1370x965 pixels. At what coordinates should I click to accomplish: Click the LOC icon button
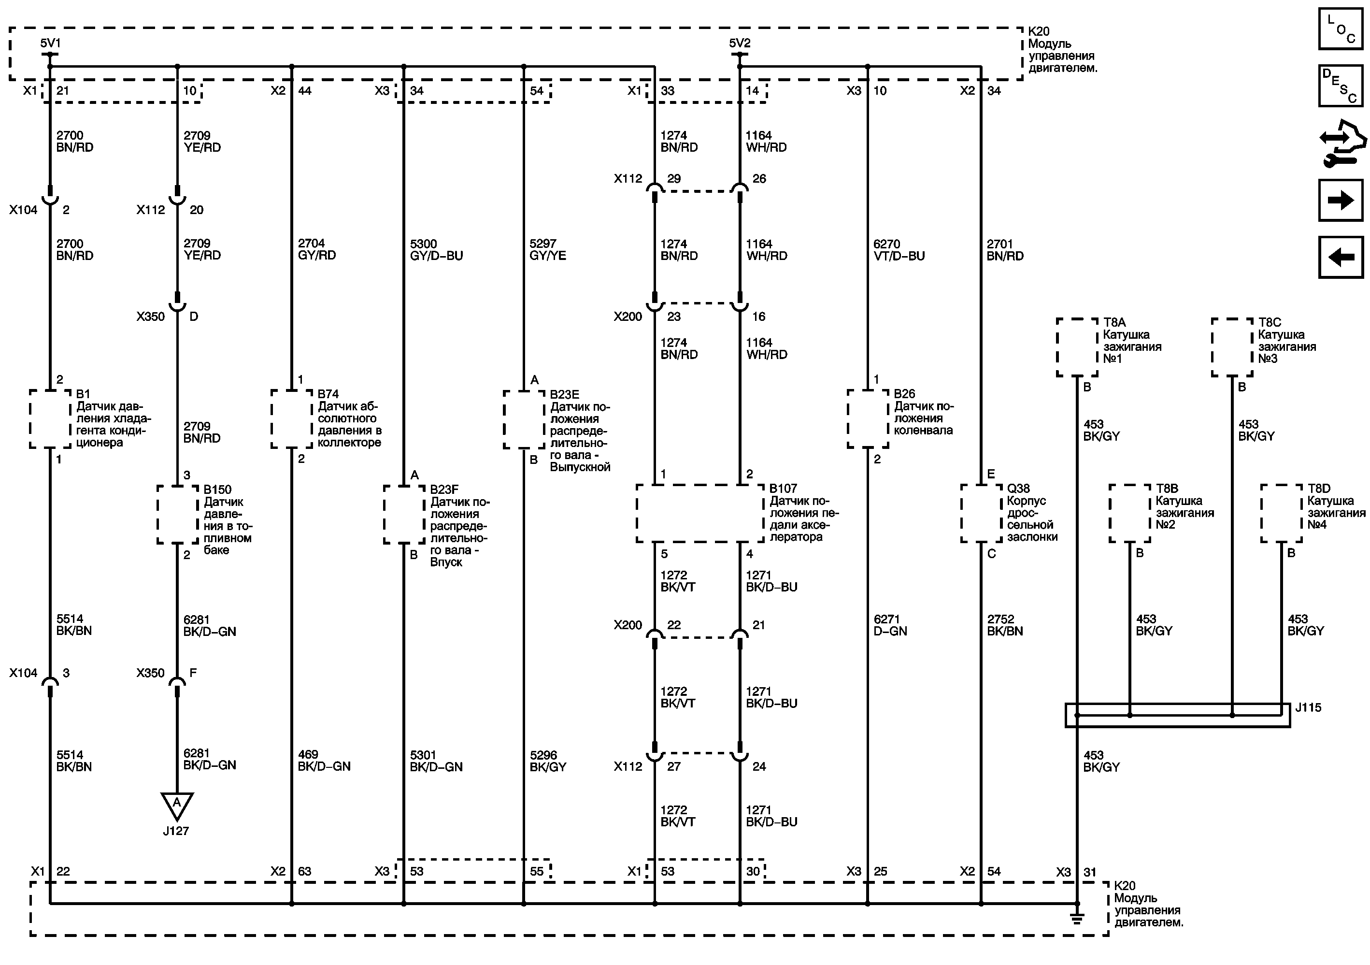[x=1340, y=29]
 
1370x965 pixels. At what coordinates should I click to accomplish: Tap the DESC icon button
[x=1340, y=86]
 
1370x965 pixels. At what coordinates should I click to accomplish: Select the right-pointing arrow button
[x=1340, y=201]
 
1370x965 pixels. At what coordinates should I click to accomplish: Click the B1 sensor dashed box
[x=50, y=419]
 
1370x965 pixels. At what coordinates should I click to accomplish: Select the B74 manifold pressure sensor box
[x=291, y=419]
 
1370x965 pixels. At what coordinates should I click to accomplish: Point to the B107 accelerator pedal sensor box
[x=700, y=513]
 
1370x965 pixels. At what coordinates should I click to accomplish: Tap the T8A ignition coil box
[x=1077, y=347]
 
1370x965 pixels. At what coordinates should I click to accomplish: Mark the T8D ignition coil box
[x=1281, y=513]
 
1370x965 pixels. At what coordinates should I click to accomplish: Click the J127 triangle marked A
[x=177, y=805]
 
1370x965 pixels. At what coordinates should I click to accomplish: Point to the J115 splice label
[x=1308, y=708]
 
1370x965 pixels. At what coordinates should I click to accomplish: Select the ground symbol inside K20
[x=1077, y=919]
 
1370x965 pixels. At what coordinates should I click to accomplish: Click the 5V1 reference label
[x=50, y=43]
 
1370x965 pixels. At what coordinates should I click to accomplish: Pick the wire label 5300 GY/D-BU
[x=436, y=249]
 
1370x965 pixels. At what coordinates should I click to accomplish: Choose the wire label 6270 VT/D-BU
[x=899, y=249]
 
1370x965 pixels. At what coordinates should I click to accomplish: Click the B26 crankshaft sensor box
[x=868, y=419]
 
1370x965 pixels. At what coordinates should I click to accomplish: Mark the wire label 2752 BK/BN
[x=1005, y=625]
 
